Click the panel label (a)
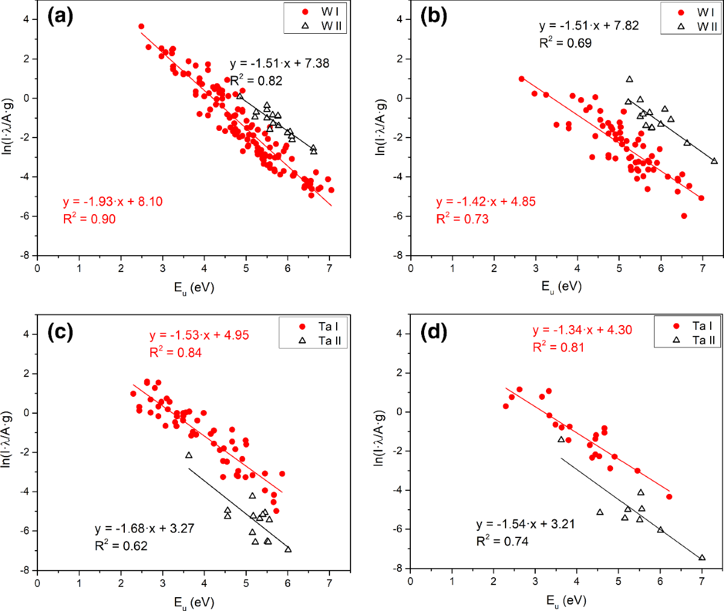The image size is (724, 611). tap(60, 16)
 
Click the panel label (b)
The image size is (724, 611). tap(434, 16)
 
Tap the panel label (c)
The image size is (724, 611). tap(60, 332)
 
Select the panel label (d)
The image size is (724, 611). tap(434, 332)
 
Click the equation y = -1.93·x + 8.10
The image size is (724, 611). tap(113, 201)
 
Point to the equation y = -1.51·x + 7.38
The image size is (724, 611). tap(279, 63)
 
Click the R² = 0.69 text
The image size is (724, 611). tap(565, 43)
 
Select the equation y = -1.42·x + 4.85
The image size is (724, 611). tap(486, 201)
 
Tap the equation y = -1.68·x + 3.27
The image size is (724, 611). tap(145, 529)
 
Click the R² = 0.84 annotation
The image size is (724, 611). tap(176, 352)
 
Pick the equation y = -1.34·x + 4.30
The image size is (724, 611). tap(582, 330)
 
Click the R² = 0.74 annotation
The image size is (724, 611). tap(503, 541)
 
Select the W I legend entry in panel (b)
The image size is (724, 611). tap(698, 12)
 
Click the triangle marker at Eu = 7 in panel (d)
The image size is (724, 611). tap(702, 558)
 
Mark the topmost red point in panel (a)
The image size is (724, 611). tap(141, 27)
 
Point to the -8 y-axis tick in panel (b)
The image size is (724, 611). tap(400, 255)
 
